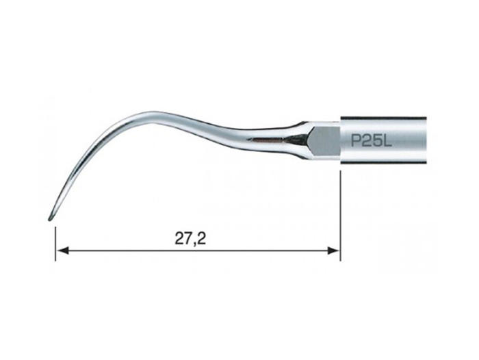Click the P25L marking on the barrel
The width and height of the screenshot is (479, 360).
click(371, 141)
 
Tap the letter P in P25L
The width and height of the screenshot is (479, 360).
click(356, 141)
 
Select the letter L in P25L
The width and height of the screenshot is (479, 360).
click(387, 141)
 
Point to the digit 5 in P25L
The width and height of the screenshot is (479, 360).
click(377, 141)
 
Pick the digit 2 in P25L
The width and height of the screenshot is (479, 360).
click(367, 141)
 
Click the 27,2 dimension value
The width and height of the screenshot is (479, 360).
click(190, 239)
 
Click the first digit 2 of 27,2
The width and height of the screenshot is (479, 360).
click(179, 238)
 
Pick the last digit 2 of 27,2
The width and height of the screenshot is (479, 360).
click(202, 238)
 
